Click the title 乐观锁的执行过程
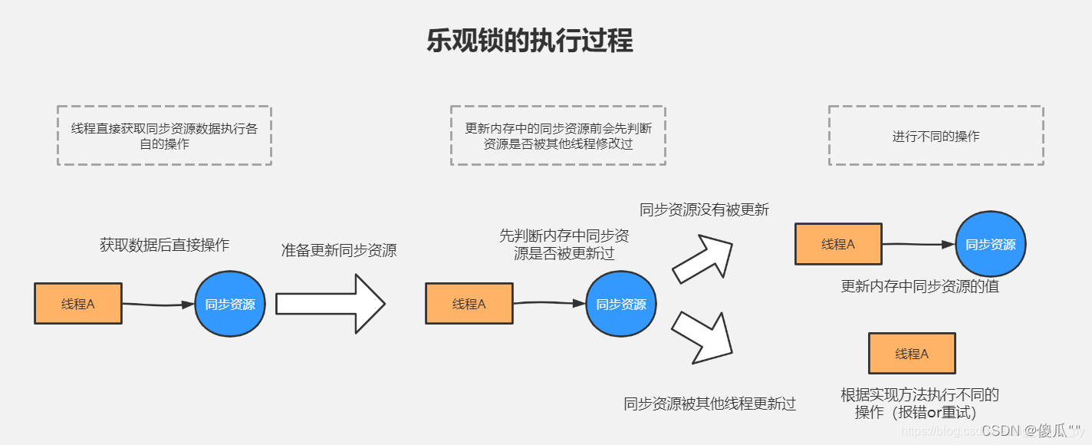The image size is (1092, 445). [x=530, y=41]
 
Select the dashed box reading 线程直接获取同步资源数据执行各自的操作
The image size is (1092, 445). [x=164, y=136]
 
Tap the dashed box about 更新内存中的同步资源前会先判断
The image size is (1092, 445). [x=558, y=136]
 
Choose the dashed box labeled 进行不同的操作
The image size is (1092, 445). [x=936, y=136]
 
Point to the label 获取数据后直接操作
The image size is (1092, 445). [x=164, y=245]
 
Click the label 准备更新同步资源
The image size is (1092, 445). [x=338, y=250]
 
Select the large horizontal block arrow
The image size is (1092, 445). [x=330, y=304]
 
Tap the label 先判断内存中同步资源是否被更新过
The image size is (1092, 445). [x=564, y=244]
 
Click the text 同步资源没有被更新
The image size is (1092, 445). [x=704, y=209]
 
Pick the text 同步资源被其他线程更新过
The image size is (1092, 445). [x=710, y=404]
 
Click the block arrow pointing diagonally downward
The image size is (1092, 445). [x=702, y=337]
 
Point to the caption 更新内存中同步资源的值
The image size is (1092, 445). [x=919, y=287]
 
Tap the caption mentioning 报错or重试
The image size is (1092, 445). [x=919, y=404]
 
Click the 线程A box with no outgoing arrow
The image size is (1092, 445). [x=911, y=354]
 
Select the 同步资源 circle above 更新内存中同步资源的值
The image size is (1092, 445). [x=990, y=245]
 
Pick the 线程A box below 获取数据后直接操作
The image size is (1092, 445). [x=78, y=304]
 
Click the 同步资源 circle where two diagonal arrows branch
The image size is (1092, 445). [x=621, y=304]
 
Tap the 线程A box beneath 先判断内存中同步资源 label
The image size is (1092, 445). [x=469, y=304]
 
